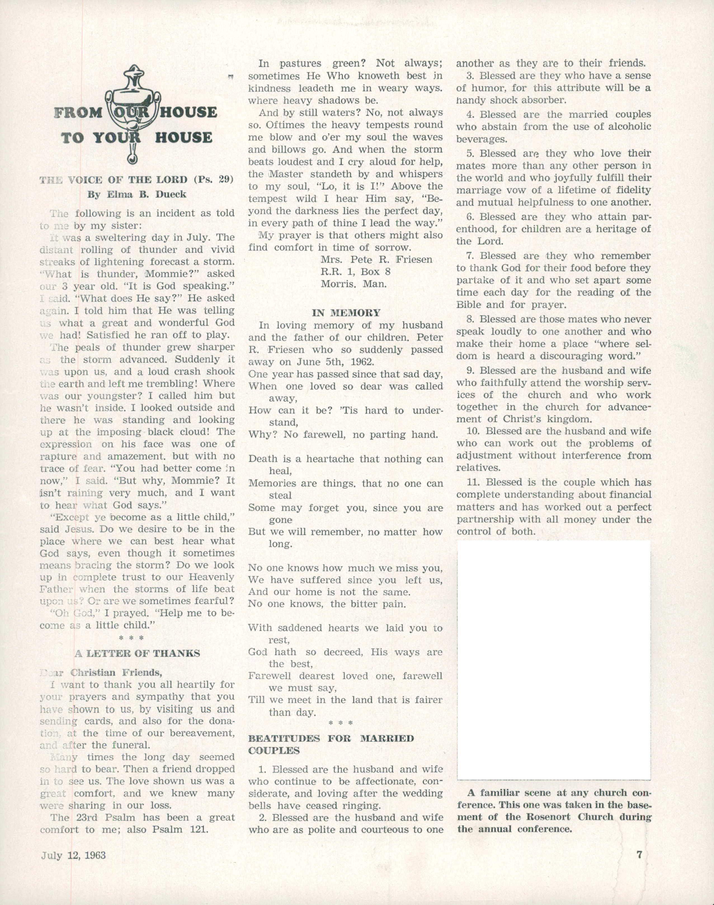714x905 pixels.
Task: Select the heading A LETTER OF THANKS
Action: pos(137,653)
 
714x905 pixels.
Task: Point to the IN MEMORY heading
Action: pos(346,313)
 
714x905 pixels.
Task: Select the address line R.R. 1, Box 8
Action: pos(355,272)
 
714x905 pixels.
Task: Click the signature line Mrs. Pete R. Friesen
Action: pos(376,260)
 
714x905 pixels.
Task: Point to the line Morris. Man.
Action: pos(353,284)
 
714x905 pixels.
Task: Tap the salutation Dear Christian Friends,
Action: pos(100,673)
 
